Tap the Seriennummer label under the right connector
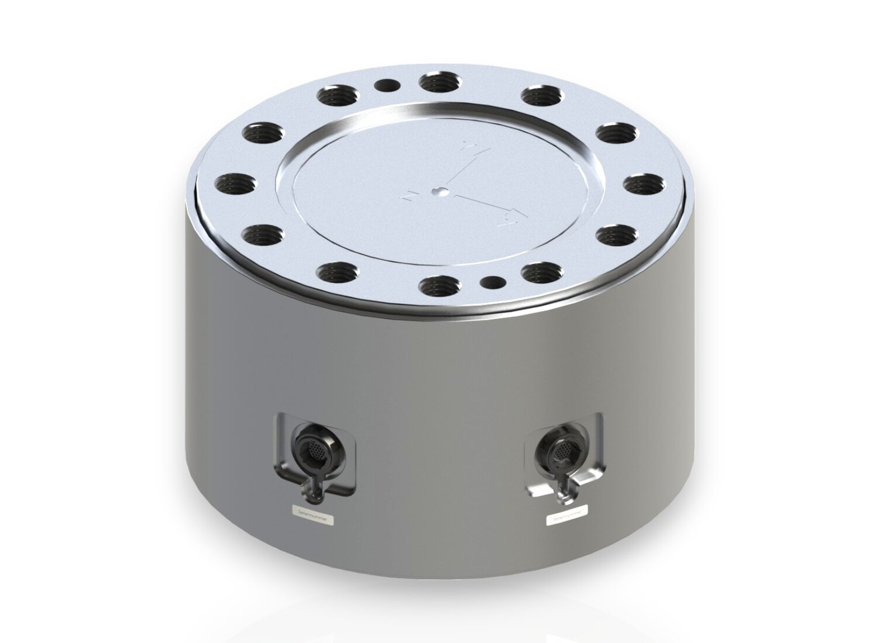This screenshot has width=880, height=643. (565, 518)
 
